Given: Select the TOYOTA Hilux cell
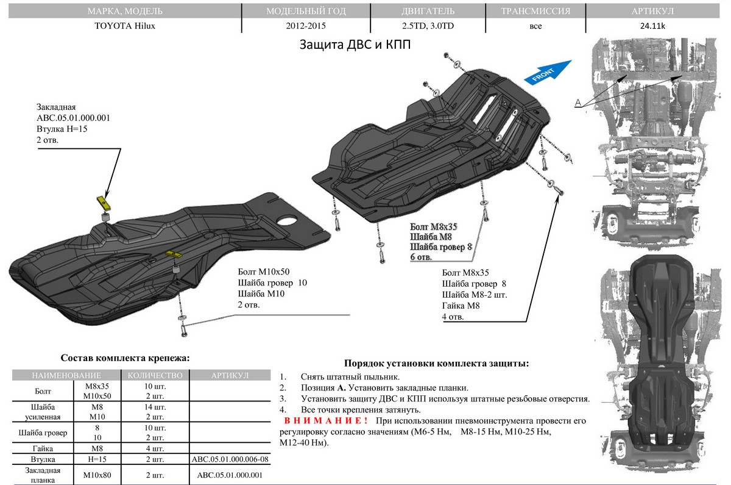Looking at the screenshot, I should coord(121,26).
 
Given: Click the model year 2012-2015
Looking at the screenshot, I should coord(306,26).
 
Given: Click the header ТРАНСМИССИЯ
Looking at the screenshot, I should coord(535,11).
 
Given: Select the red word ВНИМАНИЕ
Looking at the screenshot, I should coord(325,422).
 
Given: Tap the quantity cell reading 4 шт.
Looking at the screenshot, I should coord(156,448).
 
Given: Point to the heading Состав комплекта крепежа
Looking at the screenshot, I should coord(125,358).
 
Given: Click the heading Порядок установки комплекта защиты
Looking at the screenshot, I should coord(436,363).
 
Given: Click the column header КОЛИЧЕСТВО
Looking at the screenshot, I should coord(156,375).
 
